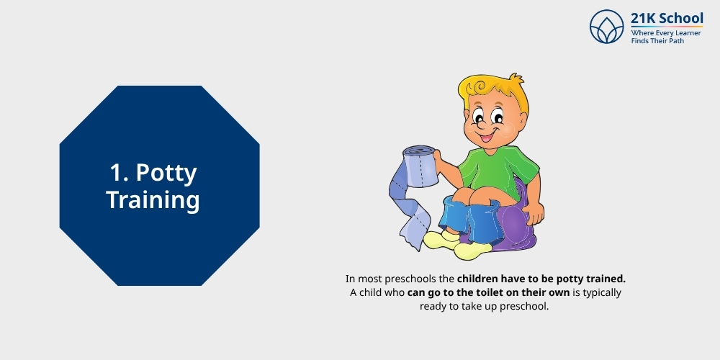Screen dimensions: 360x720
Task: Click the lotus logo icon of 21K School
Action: [606, 27]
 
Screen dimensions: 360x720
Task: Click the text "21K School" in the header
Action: [667, 19]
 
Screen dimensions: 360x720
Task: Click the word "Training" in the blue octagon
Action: [153, 199]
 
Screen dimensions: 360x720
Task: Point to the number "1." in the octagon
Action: [120, 173]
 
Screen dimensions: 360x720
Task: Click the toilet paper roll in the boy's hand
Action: [422, 165]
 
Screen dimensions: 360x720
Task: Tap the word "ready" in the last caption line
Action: [434, 306]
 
